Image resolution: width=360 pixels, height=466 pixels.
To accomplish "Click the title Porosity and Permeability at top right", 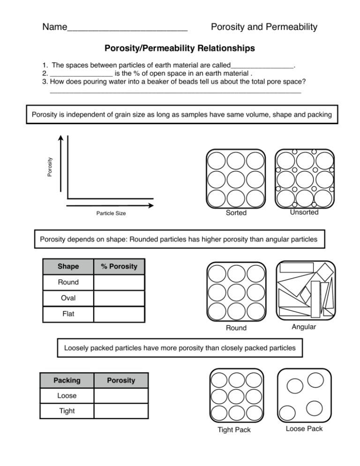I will (x=264, y=27).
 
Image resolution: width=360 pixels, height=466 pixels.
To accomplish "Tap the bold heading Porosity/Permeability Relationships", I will (x=180, y=48).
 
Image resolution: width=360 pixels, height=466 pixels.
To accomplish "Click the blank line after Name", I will (x=127, y=28).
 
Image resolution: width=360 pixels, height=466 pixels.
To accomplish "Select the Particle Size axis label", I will (x=111, y=214).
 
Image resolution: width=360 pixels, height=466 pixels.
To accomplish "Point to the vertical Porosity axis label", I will (x=50, y=167).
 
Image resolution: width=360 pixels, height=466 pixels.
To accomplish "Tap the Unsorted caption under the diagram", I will (x=304, y=212).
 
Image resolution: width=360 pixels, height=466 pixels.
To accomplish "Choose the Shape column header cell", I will (x=68, y=267).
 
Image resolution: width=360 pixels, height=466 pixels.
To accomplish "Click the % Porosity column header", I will (x=120, y=267).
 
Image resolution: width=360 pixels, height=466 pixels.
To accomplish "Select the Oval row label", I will (x=68, y=298).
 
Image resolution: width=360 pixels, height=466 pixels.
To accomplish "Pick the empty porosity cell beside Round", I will (x=120, y=283).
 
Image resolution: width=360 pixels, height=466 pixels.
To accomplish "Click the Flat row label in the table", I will (x=68, y=314).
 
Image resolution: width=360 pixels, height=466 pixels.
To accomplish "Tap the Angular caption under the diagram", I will (x=304, y=327).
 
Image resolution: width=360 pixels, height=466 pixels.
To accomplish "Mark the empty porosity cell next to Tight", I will (x=121, y=411).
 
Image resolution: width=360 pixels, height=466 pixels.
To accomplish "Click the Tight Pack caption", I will (x=234, y=430).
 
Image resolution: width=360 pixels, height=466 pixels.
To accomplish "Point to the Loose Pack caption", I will (x=304, y=428).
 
